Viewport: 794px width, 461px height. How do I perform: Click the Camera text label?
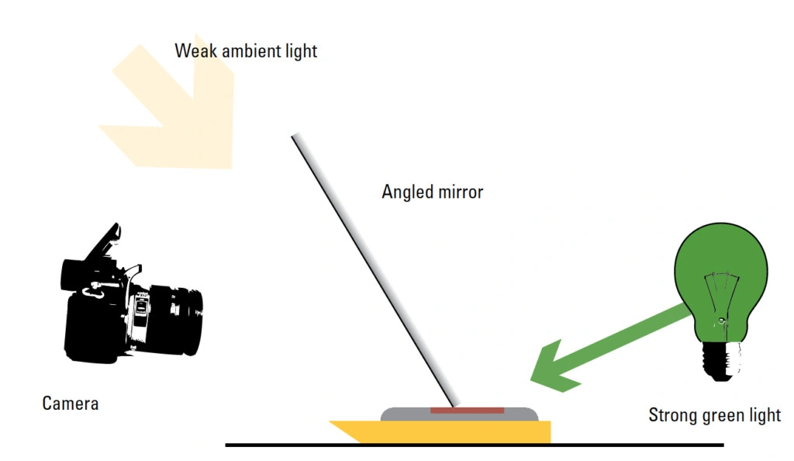coord(71,404)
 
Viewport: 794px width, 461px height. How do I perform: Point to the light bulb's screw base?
coord(721,361)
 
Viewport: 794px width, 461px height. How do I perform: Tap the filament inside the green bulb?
coord(721,299)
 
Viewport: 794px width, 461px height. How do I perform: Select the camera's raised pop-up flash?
coord(104,242)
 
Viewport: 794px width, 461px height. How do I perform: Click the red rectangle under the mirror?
coord(467,411)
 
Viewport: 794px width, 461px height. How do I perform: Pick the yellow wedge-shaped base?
coord(440,432)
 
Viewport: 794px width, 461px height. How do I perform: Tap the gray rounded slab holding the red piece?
coord(459,414)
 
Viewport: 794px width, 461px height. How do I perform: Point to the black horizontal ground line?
coord(475,445)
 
